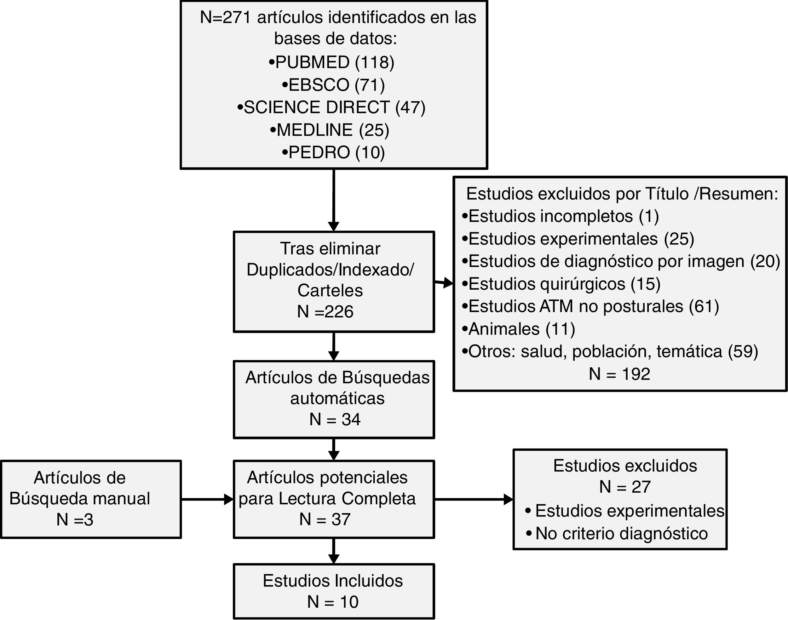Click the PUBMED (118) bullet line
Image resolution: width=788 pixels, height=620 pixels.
[331, 62]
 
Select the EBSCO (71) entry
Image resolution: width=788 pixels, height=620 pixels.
[333, 85]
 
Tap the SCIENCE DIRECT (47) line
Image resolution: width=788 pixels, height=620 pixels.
[331, 107]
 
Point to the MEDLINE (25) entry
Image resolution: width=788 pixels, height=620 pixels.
[330, 130]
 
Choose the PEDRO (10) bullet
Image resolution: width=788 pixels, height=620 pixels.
[333, 153]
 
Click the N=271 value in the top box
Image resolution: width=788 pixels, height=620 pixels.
[225, 17]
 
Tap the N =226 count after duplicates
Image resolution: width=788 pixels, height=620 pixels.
[325, 311]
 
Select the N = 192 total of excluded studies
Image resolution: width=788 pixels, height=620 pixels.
[619, 374]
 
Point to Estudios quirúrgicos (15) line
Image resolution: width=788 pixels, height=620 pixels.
[561, 284]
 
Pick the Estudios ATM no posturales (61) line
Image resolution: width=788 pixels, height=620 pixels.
[590, 306]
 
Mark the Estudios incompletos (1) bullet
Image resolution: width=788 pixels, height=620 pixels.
[561, 216]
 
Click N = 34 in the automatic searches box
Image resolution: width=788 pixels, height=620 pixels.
[335, 419]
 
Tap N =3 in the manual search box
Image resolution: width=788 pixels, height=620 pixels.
[75, 520]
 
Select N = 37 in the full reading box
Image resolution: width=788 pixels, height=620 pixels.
[325, 519]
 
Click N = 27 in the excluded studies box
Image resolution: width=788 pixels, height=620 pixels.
[625, 487]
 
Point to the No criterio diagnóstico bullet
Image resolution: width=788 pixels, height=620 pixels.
[617, 534]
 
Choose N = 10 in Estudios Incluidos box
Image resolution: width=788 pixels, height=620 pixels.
[333, 602]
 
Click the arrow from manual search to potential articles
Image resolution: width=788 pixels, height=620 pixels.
[207, 500]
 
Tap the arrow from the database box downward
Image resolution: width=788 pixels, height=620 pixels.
[333, 200]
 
